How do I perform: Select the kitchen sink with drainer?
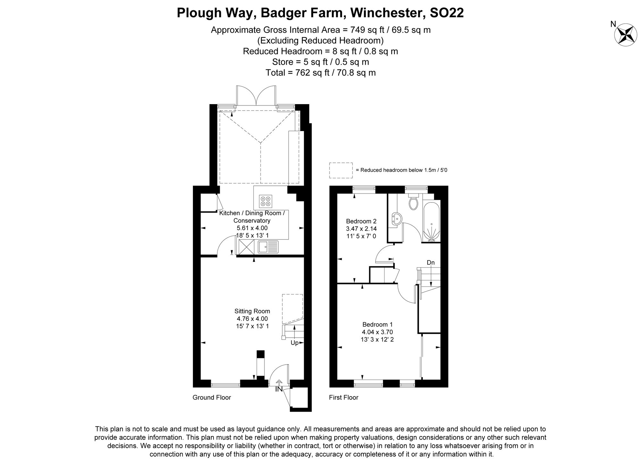(x=268, y=247)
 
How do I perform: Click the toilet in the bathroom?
(x=413, y=201)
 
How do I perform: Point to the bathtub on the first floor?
(x=431, y=221)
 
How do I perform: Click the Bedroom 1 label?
(x=377, y=324)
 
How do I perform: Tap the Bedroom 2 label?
(x=361, y=221)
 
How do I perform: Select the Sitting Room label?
(x=252, y=311)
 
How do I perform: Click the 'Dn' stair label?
(x=431, y=263)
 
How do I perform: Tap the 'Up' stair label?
(x=295, y=343)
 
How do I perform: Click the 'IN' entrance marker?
(x=279, y=389)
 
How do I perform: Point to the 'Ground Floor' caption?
(x=212, y=397)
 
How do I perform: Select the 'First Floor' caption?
(x=344, y=397)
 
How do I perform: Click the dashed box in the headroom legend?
(x=341, y=170)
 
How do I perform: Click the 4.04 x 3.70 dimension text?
(x=377, y=332)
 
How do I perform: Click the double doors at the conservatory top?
(x=256, y=95)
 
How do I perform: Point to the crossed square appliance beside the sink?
(x=246, y=247)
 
